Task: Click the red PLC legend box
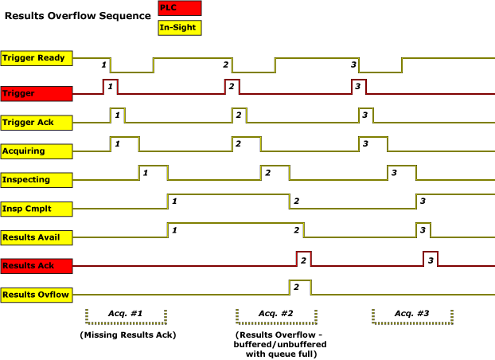(x=179, y=8)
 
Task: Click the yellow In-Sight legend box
(x=179, y=28)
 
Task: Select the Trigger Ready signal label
(x=37, y=57)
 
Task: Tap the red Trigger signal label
(x=37, y=94)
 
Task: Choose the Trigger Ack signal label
(x=37, y=123)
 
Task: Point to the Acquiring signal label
(x=37, y=151)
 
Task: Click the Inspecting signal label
(x=37, y=179)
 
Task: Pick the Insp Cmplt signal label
(x=37, y=208)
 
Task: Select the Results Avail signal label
(x=37, y=237)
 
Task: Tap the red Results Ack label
(x=37, y=265)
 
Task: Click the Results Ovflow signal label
(x=37, y=295)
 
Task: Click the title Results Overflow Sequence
(x=76, y=16)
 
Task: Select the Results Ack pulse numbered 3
(x=431, y=259)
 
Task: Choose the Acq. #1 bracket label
(x=127, y=314)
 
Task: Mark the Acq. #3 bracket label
(x=413, y=314)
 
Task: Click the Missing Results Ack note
(x=127, y=335)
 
